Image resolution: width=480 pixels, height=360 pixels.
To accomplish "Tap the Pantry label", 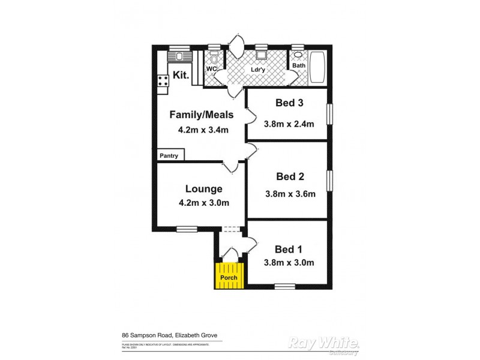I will click(169, 155).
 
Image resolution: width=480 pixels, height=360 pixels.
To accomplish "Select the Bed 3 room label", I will click(289, 103).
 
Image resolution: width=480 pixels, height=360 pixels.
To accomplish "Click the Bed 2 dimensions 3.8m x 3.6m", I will click(290, 194).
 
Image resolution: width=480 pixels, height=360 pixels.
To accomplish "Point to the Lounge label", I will click(203, 188).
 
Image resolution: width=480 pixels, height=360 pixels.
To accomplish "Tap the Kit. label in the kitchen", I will click(181, 76).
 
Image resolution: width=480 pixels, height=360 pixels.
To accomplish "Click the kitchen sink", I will click(179, 56).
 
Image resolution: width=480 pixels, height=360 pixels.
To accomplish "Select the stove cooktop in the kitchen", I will click(162, 81).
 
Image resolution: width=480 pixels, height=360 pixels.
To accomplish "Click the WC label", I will click(211, 69).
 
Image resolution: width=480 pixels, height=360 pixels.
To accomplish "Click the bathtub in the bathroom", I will click(316, 68).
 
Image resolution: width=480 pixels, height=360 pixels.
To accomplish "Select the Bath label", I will click(298, 64).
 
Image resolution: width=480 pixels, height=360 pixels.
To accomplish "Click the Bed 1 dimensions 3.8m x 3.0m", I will click(289, 262).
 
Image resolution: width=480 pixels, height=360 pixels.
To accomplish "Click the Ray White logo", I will click(324, 343).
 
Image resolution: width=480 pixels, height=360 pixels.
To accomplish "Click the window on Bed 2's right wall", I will click(329, 180).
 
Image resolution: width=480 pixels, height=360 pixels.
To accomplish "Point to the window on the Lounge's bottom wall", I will click(187, 229).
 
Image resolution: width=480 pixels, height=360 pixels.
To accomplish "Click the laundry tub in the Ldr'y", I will click(261, 55).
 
